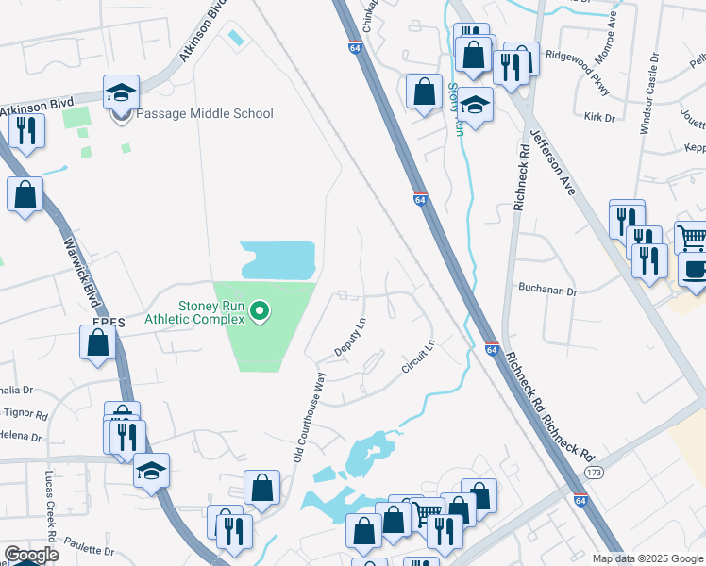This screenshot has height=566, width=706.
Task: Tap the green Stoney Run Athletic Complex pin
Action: [x=263, y=310]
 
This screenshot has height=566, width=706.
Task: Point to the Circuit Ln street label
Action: [x=416, y=357]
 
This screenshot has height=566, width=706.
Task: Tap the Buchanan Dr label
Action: [x=546, y=291]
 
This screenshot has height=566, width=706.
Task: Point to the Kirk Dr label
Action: [x=598, y=118]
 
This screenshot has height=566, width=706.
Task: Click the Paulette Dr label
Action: [x=91, y=550]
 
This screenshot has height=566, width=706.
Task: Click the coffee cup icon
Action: [x=694, y=268]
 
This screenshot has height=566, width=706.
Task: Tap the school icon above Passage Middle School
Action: [x=121, y=92]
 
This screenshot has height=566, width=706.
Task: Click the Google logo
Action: [x=30, y=555]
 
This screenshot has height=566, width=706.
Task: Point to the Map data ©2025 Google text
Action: [x=647, y=558]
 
